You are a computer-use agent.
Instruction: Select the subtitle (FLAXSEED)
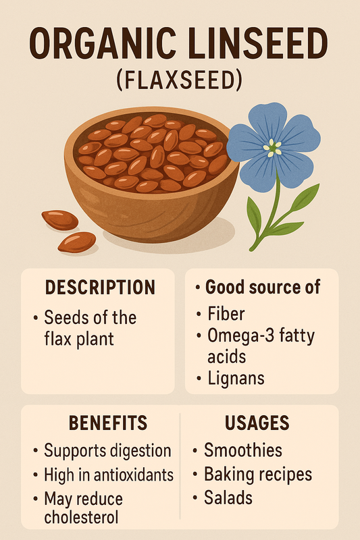[x=179, y=80]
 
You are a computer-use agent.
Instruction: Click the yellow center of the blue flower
[x=272, y=147]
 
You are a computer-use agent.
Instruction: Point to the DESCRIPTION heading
[x=100, y=288]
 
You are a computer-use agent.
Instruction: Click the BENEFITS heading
[x=108, y=423]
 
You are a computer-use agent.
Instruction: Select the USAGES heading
[x=257, y=423]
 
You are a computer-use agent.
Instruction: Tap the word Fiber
[x=226, y=314]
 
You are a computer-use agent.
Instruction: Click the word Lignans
[x=236, y=378]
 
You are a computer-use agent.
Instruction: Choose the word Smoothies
[x=243, y=450]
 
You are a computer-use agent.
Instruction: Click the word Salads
[x=228, y=497]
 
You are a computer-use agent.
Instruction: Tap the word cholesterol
[x=81, y=516]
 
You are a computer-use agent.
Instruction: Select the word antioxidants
[x=133, y=475]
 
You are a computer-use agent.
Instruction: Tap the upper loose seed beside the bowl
[x=60, y=220]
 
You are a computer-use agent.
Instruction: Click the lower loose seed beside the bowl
[x=77, y=242]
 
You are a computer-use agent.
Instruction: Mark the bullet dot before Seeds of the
[x=35, y=318]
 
